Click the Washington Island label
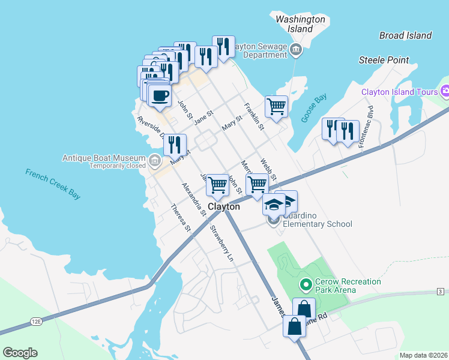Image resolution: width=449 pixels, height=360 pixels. (x=300, y=24)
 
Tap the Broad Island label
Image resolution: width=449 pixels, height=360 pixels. (x=405, y=35)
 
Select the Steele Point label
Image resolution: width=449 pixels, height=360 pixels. (x=384, y=60)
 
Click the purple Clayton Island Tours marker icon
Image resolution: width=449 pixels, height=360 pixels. (x=445, y=92)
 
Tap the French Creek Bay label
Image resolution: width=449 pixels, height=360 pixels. (x=53, y=184)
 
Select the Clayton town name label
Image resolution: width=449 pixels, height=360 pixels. (x=224, y=206)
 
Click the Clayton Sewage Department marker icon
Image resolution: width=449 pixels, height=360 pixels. (x=295, y=49)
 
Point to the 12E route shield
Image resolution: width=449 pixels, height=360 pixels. (x=36, y=322)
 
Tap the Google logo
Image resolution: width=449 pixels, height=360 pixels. (x=20, y=353)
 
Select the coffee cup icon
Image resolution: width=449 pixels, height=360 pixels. (x=160, y=96)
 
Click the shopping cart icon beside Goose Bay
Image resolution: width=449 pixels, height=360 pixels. (x=276, y=106)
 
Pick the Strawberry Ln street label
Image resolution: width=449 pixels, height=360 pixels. (x=221, y=244)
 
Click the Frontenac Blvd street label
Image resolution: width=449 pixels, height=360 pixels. (x=367, y=128)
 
